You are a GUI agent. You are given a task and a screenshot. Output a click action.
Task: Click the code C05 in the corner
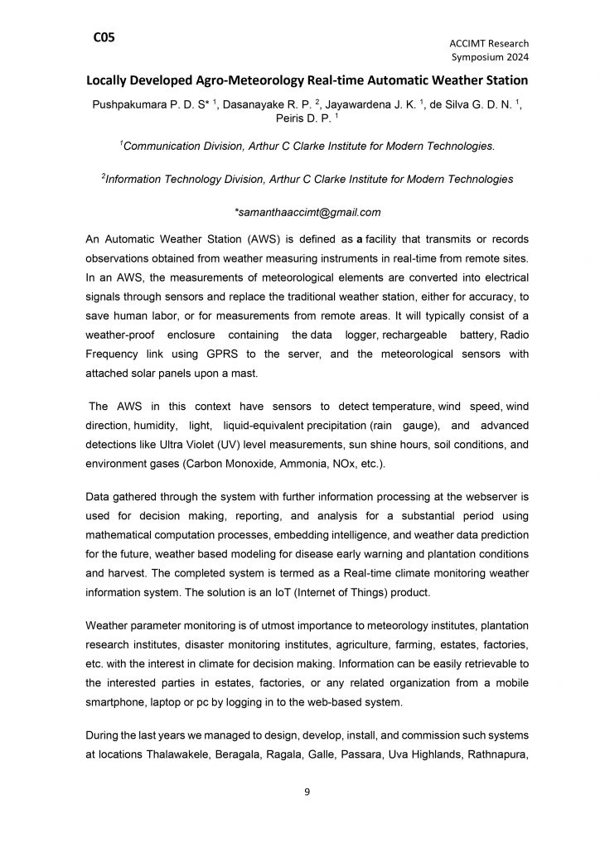[104, 37]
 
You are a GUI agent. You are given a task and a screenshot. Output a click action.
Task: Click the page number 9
[307, 793]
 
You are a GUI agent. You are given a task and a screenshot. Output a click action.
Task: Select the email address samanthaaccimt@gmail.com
[308, 211]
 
